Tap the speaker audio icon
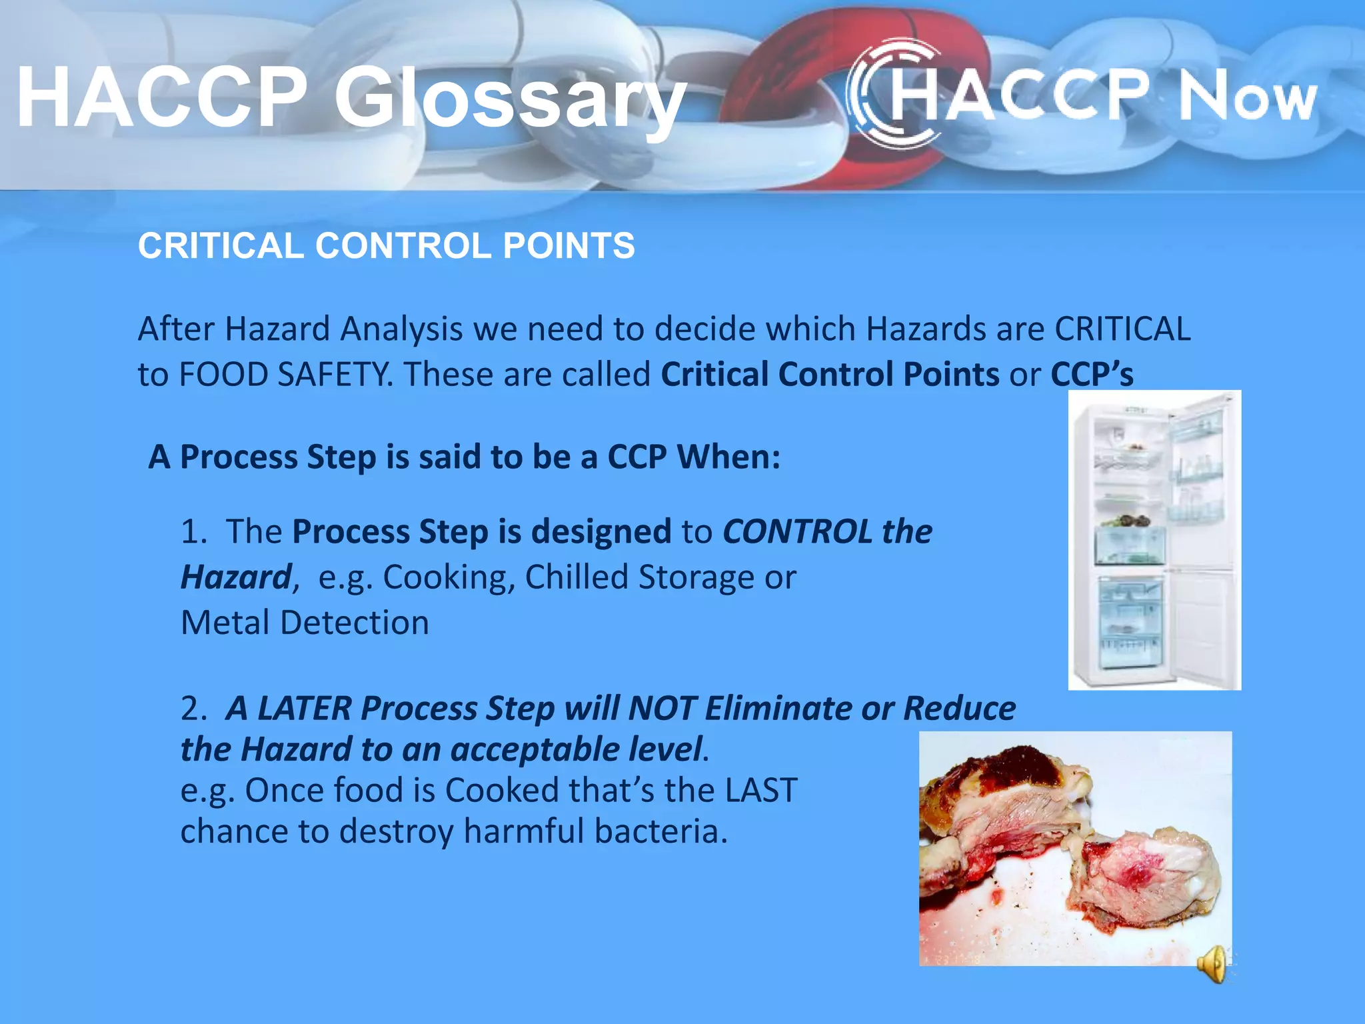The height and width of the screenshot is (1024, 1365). tap(1212, 964)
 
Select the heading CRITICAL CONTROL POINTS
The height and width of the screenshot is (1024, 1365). tap(386, 245)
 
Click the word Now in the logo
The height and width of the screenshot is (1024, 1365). tap(1247, 99)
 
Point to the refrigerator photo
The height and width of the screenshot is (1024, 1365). tap(1154, 540)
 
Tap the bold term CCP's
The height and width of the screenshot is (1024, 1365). tap(1092, 374)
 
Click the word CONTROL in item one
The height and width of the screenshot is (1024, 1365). tap(797, 532)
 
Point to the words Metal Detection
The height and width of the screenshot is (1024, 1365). tap(305, 623)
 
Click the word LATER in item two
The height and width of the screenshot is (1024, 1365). tap(304, 708)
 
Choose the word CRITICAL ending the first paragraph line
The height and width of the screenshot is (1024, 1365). tap(1122, 329)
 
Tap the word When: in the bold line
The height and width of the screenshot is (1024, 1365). tap(728, 457)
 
